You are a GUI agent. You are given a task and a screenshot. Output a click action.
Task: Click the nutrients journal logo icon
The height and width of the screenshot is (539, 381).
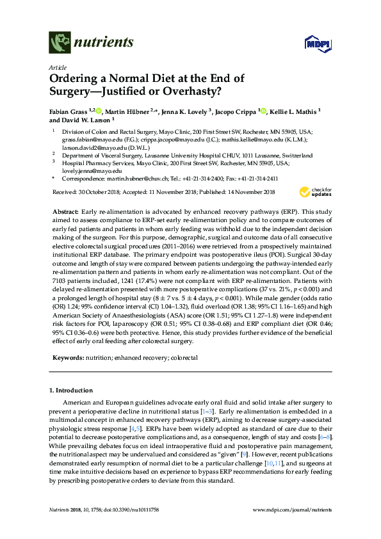pos(60,43)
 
